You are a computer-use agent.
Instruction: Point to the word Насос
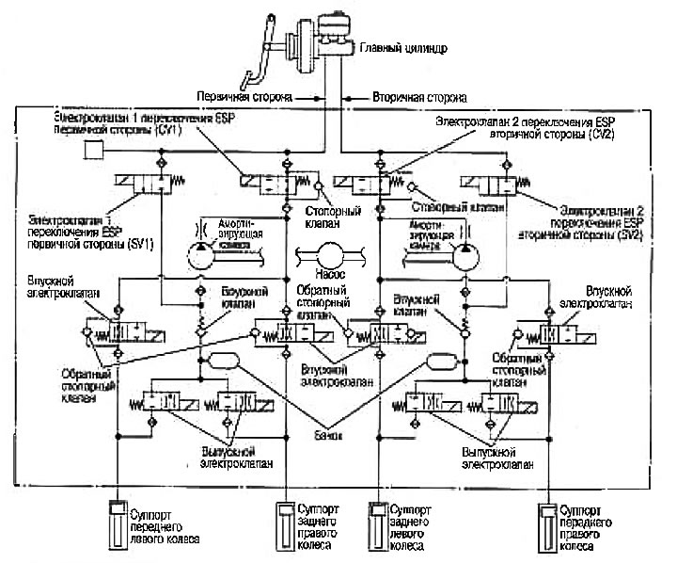[330, 280]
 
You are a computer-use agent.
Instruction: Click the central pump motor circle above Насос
[331, 254]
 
